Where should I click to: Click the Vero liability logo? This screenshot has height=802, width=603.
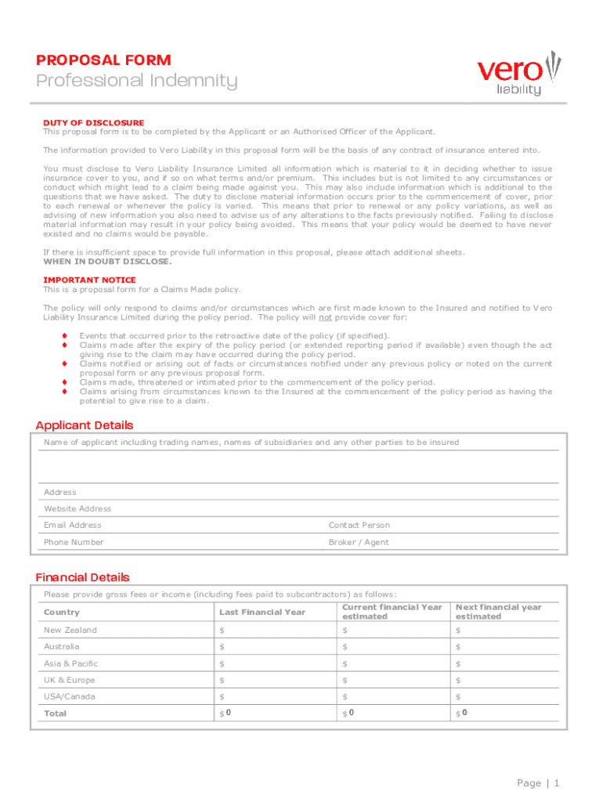click(519, 73)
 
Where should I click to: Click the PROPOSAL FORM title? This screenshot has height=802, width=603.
click(103, 60)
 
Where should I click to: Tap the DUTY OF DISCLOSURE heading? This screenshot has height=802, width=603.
click(93, 123)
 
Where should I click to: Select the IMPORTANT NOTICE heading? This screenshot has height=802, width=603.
click(89, 280)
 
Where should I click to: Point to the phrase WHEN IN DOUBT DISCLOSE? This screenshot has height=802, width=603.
click(107, 262)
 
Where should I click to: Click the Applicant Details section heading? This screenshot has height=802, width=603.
click(85, 425)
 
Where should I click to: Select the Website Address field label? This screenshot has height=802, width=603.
click(78, 508)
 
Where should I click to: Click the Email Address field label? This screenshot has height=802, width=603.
click(73, 525)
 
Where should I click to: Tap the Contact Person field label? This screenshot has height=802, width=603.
click(359, 525)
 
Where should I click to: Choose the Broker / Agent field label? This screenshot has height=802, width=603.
click(358, 542)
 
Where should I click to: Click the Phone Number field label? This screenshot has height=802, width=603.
click(74, 542)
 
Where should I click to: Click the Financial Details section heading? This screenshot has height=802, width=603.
click(82, 577)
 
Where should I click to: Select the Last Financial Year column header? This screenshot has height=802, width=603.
click(262, 612)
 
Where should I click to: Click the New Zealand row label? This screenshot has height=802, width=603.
click(70, 630)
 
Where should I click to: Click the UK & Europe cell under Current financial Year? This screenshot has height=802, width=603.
click(392, 680)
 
